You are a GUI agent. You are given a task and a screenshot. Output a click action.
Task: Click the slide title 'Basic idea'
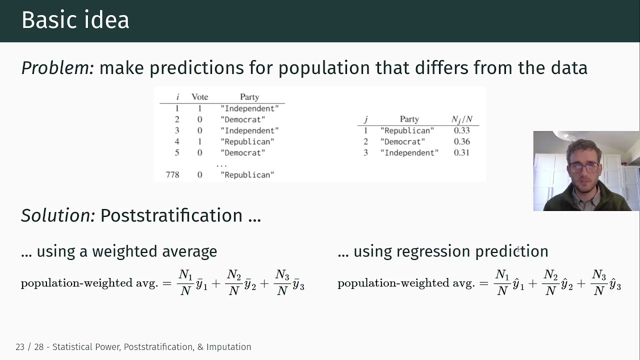click(75, 20)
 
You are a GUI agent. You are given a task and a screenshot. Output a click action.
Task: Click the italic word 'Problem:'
click(57, 67)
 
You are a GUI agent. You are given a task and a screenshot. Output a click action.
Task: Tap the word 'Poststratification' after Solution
click(171, 215)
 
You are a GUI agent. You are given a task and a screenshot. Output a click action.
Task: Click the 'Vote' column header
click(199, 97)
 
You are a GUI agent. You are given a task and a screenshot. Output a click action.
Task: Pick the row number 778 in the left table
click(172, 174)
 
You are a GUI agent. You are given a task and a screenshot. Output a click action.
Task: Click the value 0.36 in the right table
click(461, 141)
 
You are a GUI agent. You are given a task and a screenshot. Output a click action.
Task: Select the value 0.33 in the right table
click(461, 130)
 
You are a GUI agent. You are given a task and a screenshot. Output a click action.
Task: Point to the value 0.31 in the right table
click(461, 152)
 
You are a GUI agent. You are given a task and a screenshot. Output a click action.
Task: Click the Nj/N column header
click(462, 119)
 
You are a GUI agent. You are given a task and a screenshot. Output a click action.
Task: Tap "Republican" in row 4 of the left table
click(247, 141)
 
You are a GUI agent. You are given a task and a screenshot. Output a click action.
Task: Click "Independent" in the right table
click(409, 152)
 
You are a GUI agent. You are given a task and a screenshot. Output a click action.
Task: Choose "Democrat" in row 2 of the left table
click(243, 119)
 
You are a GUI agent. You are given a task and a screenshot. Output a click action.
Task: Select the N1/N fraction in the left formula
click(185, 282)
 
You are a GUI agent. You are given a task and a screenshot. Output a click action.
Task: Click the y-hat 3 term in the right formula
click(615, 285)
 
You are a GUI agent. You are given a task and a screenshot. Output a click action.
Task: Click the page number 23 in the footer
click(20, 347)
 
